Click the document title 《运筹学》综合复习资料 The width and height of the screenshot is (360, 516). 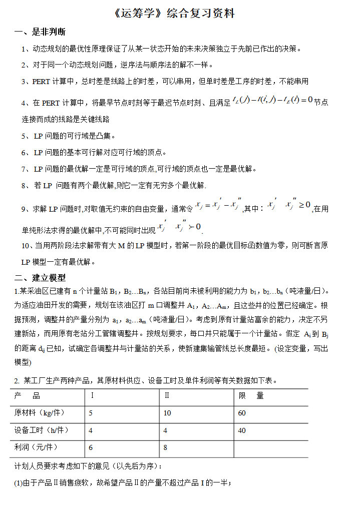click(x=175, y=14)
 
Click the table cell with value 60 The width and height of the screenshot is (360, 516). click(x=242, y=413)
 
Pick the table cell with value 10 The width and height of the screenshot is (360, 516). click(x=167, y=413)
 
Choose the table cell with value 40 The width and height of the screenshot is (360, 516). click(x=242, y=430)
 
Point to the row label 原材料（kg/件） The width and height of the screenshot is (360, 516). click(x=40, y=413)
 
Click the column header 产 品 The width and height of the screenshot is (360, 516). click(x=28, y=396)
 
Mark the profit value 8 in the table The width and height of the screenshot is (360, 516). click(x=165, y=448)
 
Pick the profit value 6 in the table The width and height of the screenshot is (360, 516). click(x=91, y=448)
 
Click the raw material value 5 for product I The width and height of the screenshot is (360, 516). click(x=91, y=413)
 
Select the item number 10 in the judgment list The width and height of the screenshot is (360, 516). click(x=26, y=246)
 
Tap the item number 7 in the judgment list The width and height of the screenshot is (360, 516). click(x=24, y=169)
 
